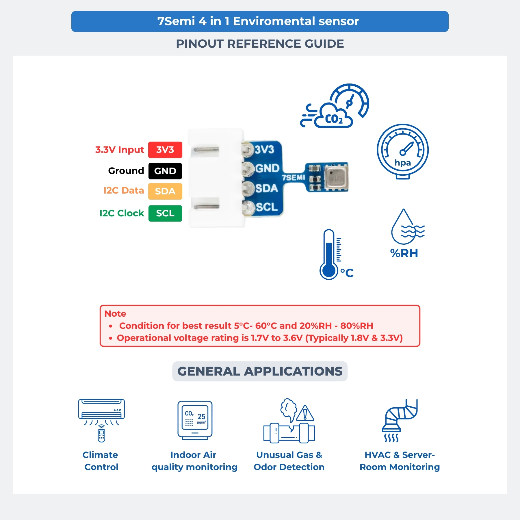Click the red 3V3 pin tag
click(x=165, y=150)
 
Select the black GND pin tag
click(x=165, y=171)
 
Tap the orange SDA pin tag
click(x=165, y=191)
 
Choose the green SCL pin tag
click(x=165, y=213)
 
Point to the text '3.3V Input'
click(x=120, y=150)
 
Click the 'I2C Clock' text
click(x=122, y=213)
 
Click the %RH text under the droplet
click(x=404, y=253)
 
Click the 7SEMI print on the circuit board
click(x=294, y=177)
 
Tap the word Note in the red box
click(x=115, y=313)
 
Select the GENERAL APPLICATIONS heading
click(x=260, y=371)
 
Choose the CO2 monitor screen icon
click(x=195, y=420)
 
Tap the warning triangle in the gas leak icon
click(x=305, y=413)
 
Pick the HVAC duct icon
click(x=400, y=420)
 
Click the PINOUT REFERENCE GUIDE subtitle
click(x=260, y=44)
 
